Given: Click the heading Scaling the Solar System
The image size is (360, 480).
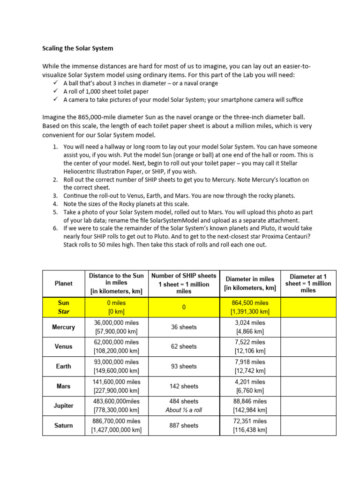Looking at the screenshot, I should click(77, 48).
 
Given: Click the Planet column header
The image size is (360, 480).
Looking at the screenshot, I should click(64, 283).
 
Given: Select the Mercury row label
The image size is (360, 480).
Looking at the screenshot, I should click(64, 327).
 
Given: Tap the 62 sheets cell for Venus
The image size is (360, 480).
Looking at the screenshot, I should click(184, 346).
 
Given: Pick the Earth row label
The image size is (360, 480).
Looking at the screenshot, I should click(64, 366).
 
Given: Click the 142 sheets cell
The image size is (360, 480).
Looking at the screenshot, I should click(184, 386).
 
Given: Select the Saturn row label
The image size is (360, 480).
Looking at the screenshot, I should click(64, 425).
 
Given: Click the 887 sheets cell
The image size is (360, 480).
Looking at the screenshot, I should click(184, 425).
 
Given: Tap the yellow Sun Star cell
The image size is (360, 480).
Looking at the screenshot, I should click(64, 307).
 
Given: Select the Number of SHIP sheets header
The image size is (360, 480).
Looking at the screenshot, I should click(184, 283).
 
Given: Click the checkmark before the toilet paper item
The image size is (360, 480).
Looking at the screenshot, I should click(56, 91).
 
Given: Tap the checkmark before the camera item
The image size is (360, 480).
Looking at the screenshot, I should click(56, 100).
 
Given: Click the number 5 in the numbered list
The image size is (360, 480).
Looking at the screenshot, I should click(55, 212).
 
